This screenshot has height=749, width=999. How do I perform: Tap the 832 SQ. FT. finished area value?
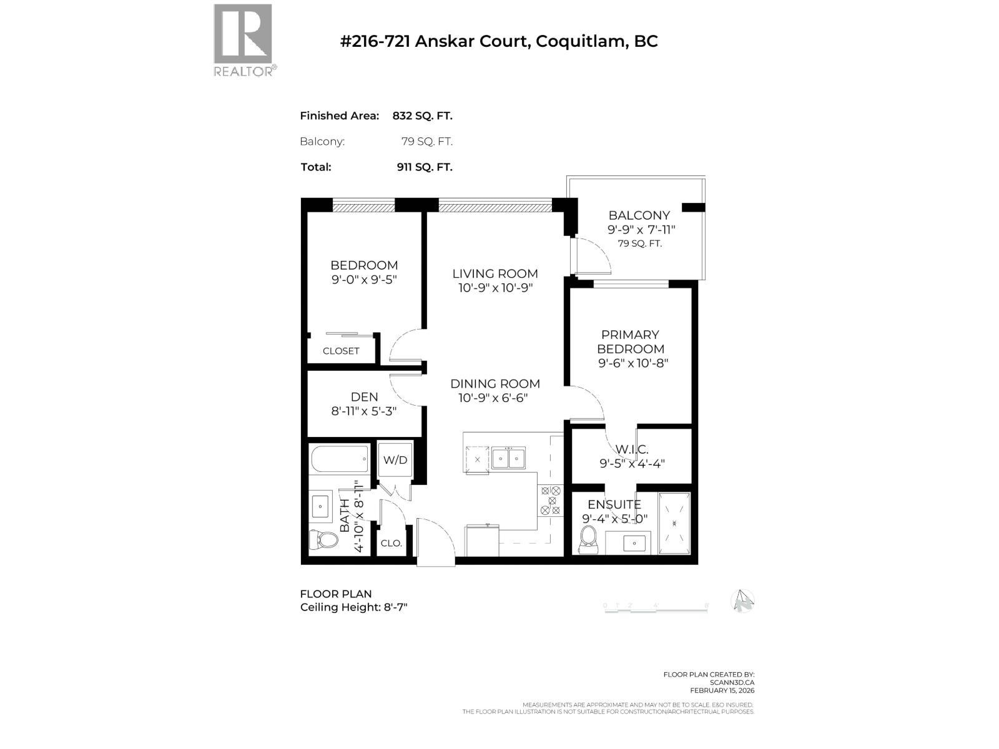pyautogui.click(x=422, y=115)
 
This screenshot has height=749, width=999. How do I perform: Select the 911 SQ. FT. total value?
pyautogui.click(x=424, y=167)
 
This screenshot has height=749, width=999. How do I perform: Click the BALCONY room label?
pyautogui.click(x=639, y=215)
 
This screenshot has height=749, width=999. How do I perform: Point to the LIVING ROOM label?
pyautogui.click(x=495, y=273)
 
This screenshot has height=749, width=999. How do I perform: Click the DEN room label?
pyautogui.click(x=364, y=397)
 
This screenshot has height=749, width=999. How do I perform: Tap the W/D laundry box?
pyautogui.click(x=395, y=460)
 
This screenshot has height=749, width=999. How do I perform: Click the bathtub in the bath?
pyautogui.click(x=340, y=460)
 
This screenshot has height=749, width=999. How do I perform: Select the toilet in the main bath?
pyautogui.click(x=322, y=539)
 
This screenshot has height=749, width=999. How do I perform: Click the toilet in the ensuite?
pyautogui.click(x=588, y=539)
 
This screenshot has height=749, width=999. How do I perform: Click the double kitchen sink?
pyautogui.click(x=508, y=458)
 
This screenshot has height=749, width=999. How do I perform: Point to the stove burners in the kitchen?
pyautogui.click(x=550, y=501)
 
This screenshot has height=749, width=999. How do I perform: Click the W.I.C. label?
pyautogui.click(x=632, y=449)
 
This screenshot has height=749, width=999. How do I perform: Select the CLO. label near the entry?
pyautogui.click(x=391, y=543)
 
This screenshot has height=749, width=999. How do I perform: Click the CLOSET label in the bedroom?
pyautogui.click(x=341, y=351)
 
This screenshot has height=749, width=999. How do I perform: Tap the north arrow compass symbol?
pyautogui.click(x=742, y=601)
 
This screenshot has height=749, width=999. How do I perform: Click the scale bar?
pyautogui.click(x=656, y=609)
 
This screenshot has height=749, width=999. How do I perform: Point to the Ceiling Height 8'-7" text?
pyautogui.click(x=353, y=607)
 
